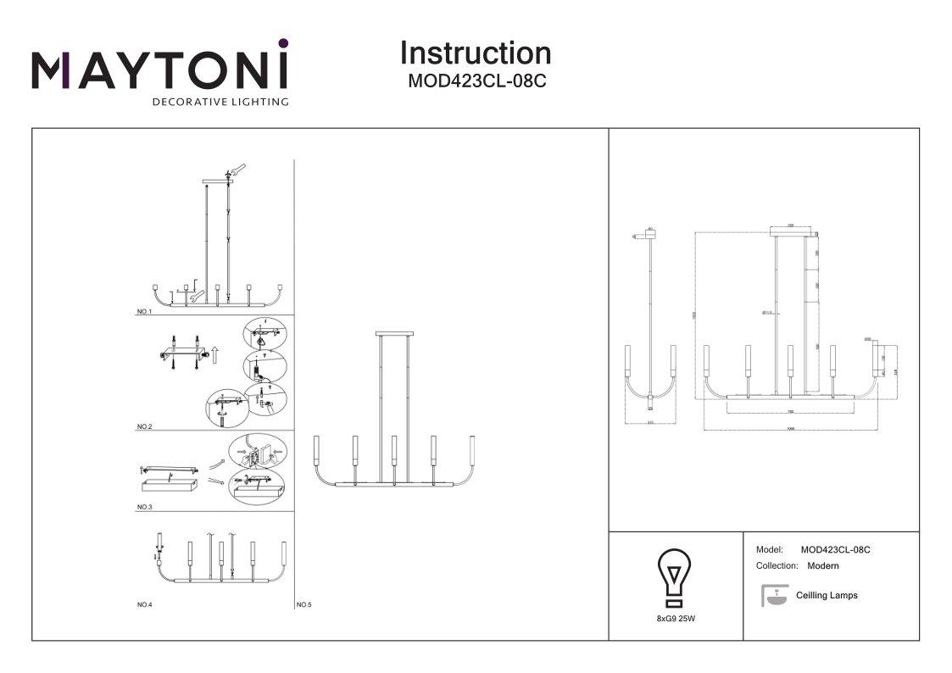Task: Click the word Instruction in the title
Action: click(x=475, y=53)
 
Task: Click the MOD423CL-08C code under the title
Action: click(x=476, y=83)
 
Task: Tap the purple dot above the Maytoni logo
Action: click(x=283, y=43)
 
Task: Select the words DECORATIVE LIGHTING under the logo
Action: click(x=220, y=103)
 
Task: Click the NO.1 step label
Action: click(x=143, y=312)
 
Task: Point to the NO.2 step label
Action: click(x=143, y=426)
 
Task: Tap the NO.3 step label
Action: click(x=143, y=507)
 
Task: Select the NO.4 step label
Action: click(x=143, y=604)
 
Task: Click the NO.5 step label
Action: click(x=304, y=605)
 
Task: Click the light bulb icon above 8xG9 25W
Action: click(x=675, y=576)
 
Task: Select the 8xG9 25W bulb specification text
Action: click(x=676, y=620)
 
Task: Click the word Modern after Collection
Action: click(x=823, y=565)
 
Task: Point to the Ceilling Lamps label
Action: click(x=827, y=595)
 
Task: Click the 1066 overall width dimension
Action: click(x=790, y=429)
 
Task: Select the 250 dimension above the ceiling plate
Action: click(x=790, y=225)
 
